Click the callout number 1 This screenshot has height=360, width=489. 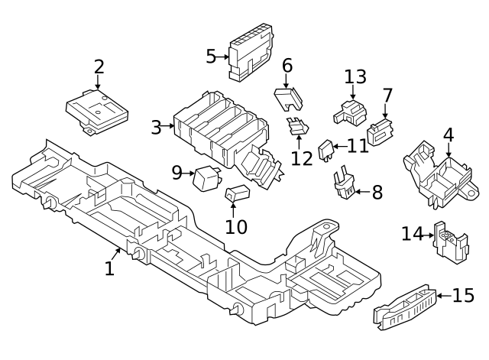click(x=109, y=268)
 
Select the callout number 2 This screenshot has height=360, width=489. click(x=99, y=66)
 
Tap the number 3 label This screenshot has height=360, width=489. click(x=157, y=127)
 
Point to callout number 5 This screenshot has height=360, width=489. click(x=212, y=56)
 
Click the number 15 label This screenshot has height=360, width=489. click(x=463, y=295)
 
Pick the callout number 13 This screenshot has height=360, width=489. click(x=355, y=76)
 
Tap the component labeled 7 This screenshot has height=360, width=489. click(x=380, y=135)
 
